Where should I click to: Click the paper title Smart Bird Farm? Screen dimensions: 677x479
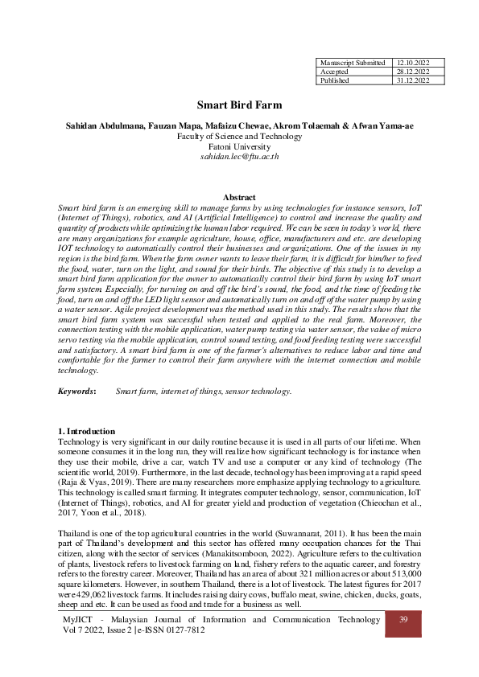click(x=239, y=105)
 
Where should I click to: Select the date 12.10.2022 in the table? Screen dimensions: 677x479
click(x=415, y=62)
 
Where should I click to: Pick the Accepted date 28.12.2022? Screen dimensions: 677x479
click(x=415, y=71)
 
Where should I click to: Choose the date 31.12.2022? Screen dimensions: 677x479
click(x=415, y=80)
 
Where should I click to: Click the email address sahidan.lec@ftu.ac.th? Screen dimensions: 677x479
click(x=239, y=157)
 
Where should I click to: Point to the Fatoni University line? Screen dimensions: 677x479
click(x=239, y=146)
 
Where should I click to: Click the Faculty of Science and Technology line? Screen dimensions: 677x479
click(x=239, y=137)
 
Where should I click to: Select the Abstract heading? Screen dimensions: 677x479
click(x=239, y=198)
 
